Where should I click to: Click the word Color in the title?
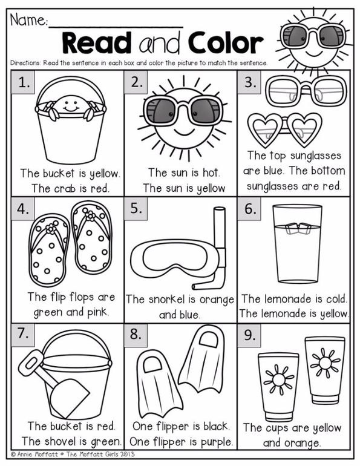click(x=226, y=43)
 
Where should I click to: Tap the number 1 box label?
click(x=23, y=82)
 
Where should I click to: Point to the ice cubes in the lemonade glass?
click(x=298, y=228)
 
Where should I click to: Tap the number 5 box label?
click(x=136, y=209)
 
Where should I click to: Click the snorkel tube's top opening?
click(x=219, y=209)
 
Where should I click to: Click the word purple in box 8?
click(x=216, y=442)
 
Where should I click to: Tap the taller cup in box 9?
click(x=325, y=370)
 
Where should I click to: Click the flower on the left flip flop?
click(x=51, y=229)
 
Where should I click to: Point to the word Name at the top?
click(x=28, y=20)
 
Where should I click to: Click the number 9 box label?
click(x=249, y=335)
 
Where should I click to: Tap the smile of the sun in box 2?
click(x=184, y=131)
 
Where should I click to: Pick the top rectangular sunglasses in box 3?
click(x=306, y=91)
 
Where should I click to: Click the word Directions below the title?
click(x=25, y=63)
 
